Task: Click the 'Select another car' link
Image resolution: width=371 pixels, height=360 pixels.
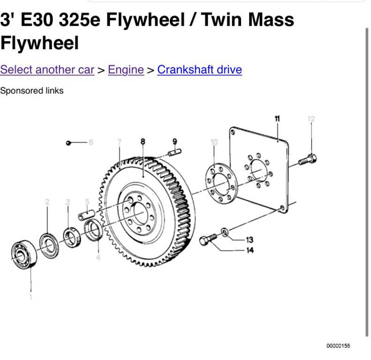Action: coord(47,70)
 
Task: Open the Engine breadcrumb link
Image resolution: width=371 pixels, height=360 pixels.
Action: coord(126,70)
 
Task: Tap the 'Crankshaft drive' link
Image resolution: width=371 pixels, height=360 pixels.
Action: coord(199,70)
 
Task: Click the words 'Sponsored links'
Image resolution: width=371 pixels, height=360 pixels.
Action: coord(32,91)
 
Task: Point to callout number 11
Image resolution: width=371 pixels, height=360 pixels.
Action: coord(277,119)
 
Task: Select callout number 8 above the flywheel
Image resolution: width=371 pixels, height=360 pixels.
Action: coord(143,142)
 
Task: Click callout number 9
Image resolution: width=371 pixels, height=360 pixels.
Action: coord(174,142)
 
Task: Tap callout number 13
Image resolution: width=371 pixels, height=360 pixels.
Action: coord(250,240)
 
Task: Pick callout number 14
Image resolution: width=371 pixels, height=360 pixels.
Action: coord(250,250)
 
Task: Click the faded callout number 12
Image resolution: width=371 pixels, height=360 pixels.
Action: coord(311,119)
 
